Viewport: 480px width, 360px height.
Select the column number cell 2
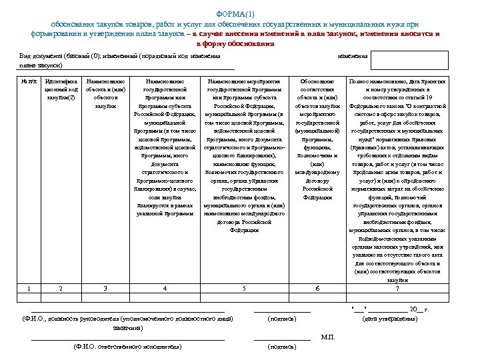click(x=61, y=288)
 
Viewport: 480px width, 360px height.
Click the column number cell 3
click(x=105, y=288)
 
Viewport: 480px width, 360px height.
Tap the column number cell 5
click(x=245, y=288)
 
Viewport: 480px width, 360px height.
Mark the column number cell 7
click(x=397, y=288)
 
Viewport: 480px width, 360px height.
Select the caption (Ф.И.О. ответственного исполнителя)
click(x=127, y=347)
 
